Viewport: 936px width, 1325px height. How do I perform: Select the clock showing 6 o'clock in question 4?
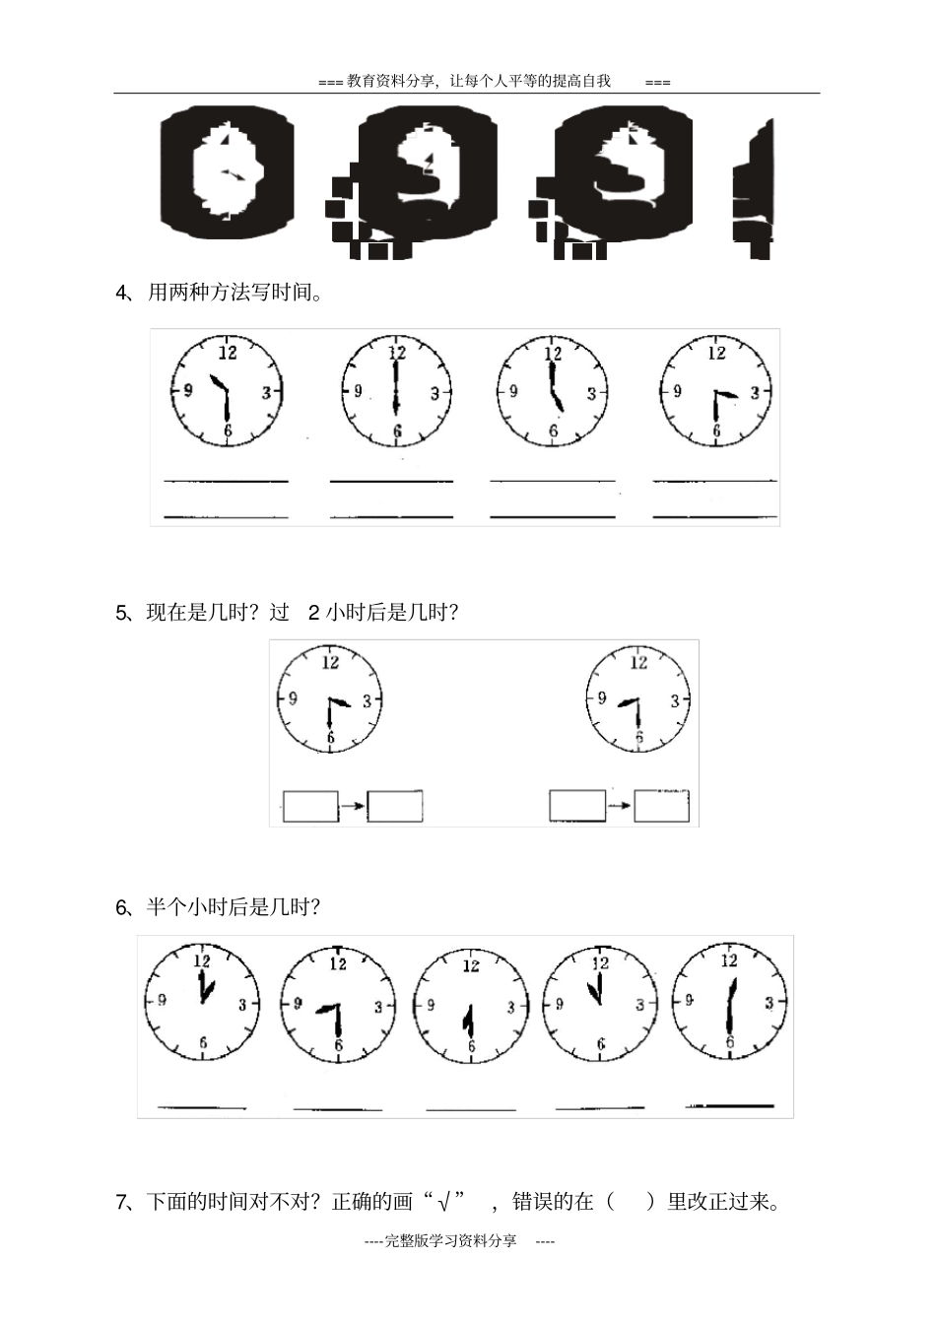coord(397,391)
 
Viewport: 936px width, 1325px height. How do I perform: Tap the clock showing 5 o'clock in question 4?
coord(553,391)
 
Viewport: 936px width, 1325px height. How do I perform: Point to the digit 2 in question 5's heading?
coord(313,613)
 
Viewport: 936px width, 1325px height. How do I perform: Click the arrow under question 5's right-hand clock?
coord(620,805)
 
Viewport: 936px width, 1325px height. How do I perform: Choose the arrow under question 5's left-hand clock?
coord(354,805)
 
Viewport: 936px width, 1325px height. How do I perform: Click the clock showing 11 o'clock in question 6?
coord(600,1004)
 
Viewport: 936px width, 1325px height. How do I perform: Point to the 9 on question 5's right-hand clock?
coord(602,698)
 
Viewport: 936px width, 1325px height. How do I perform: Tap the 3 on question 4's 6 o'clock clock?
coord(435,393)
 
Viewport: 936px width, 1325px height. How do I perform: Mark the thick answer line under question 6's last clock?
coord(729,1105)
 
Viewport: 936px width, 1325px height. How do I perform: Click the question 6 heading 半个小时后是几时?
coord(234,906)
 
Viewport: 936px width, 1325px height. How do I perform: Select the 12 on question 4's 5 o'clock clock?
coord(553,353)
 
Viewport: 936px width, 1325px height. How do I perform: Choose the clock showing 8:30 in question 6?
coord(338,1005)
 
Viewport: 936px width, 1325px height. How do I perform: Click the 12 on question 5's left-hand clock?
coord(330,662)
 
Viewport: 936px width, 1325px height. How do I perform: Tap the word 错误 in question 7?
coord(532,1202)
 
